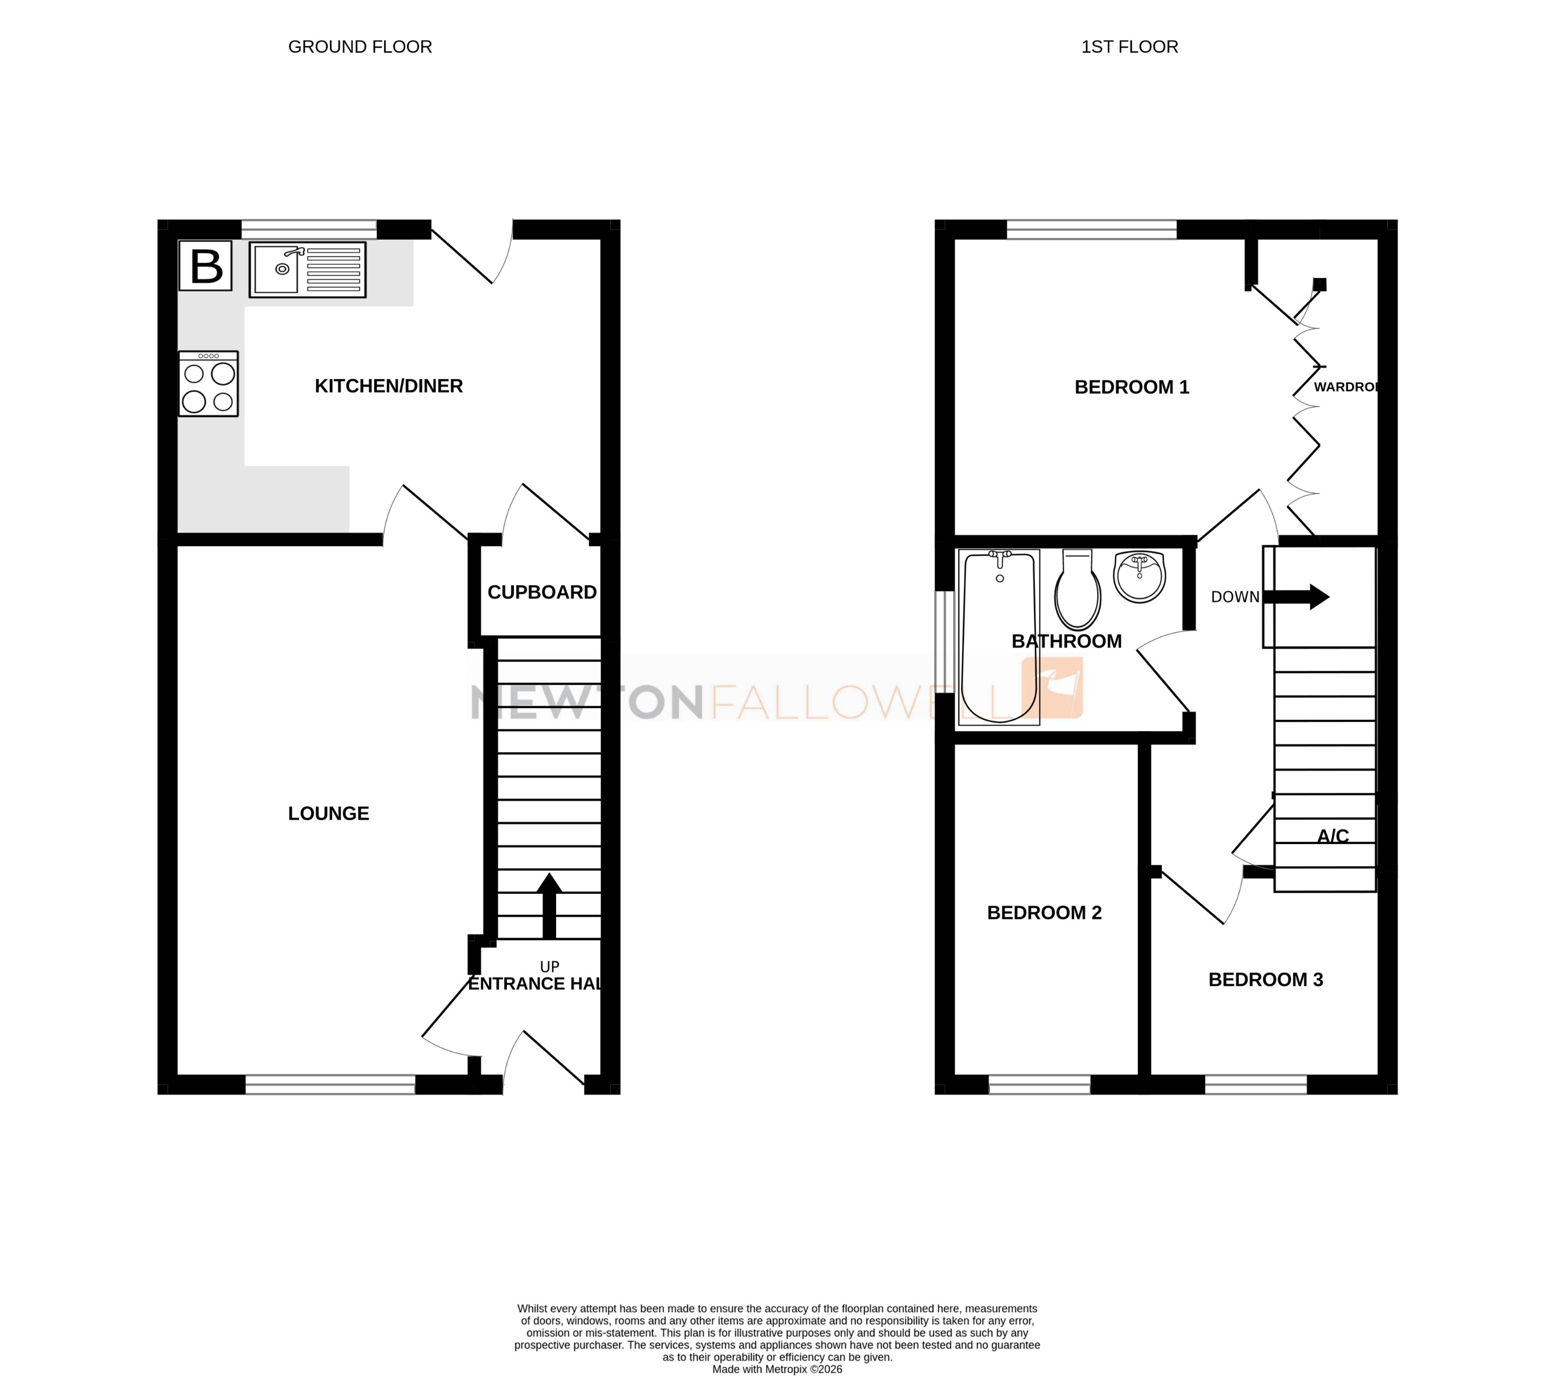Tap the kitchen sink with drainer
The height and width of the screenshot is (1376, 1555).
pos(308,269)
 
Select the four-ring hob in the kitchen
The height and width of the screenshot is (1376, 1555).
pos(209,383)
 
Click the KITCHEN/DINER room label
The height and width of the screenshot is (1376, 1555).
pos(389,387)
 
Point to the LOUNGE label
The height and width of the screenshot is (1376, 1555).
pos(329,814)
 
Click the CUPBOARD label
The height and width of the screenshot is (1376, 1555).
pos(542,592)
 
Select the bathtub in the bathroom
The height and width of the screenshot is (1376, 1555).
pos(1000,637)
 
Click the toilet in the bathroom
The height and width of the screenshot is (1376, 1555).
pos(1077,590)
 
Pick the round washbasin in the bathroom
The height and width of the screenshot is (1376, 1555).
pos(1139,577)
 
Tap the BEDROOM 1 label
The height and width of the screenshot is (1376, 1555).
pos(1131,387)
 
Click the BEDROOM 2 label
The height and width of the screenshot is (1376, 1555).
pos(1044,913)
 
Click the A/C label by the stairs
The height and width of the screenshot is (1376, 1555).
pos(1333,837)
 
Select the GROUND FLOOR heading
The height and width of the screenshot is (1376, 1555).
pos(360,47)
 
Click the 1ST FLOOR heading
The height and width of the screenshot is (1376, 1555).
pos(1129,47)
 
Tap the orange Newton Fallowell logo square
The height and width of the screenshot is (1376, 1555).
pos(1052,687)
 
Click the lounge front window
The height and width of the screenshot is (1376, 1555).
pos(330,1084)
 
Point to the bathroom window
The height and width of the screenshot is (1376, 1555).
pos(944,642)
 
